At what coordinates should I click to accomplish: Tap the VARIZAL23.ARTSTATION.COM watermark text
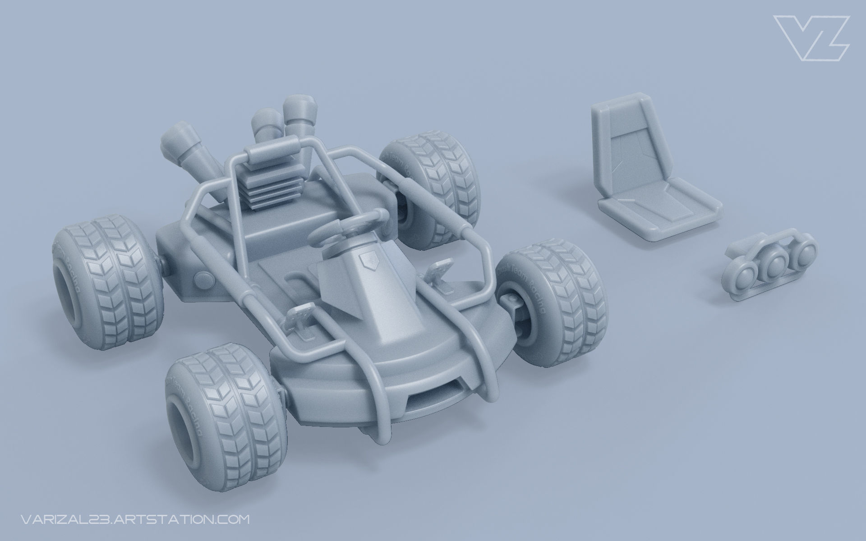coord(135,519)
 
